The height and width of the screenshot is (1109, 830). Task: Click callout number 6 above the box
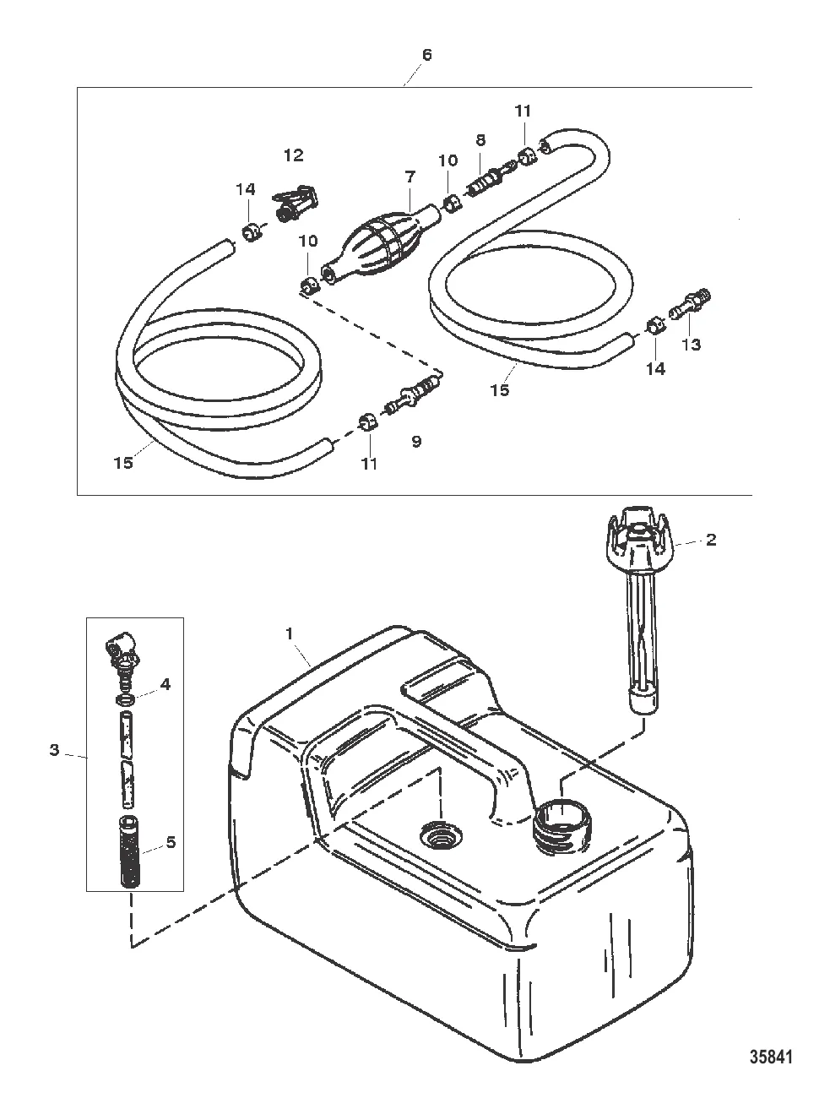click(427, 55)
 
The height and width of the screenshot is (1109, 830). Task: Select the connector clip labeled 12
click(293, 202)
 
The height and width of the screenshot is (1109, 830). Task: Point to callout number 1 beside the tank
click(290, 633)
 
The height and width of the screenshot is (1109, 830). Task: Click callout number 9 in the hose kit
click(416, 442)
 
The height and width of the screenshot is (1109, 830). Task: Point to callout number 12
click(294, 155)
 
